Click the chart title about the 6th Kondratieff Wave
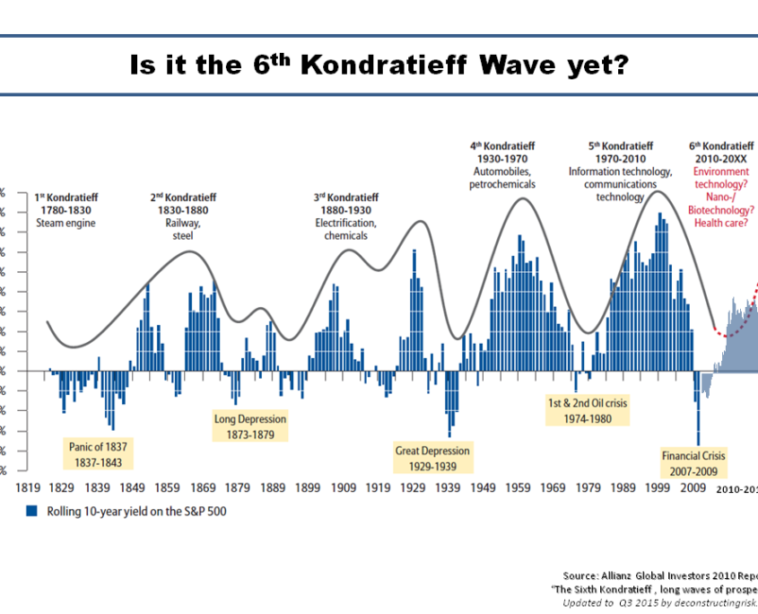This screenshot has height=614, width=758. pyautogui.click(x=378, y=66)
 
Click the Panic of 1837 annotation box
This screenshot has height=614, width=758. pyautogui.click(x=99, y=454)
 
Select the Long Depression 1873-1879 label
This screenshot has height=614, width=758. pyautogui.click(x=250, y=426)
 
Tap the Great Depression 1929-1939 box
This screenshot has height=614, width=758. pyautogui.click(x=432, y=458)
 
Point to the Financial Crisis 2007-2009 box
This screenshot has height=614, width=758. pyautogui.click(x=693, y=462)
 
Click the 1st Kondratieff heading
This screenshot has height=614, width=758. pyautogui.click(x=65, y=197)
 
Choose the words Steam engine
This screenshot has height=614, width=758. pyautogui.click(x=65, y=224)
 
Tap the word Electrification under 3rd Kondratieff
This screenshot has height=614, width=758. pyautogui.click(x=345, y=224)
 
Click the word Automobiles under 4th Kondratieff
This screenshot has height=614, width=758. pyautogui.click(x=501, y=171)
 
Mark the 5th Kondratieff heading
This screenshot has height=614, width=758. pyautogui.click(x=620, y=145)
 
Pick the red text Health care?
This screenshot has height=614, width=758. pyautogui.click(x=724, y=224)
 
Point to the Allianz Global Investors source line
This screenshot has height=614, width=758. pyautogui.click(x=660, y=575)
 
